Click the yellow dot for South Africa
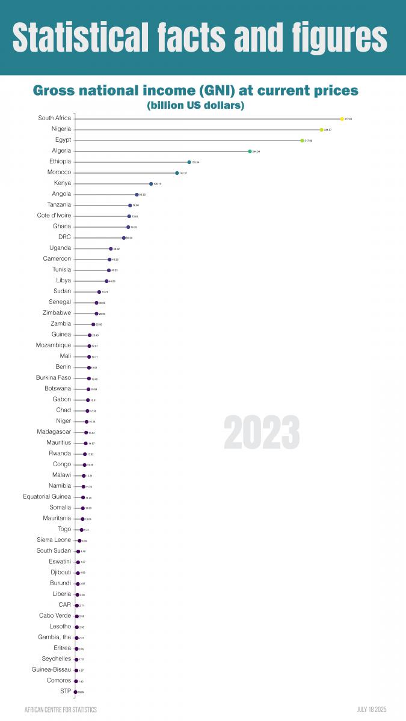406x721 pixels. [342, 119]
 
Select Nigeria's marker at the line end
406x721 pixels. [321, 130]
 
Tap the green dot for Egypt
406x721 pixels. [302, 141]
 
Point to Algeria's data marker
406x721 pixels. [250, 151]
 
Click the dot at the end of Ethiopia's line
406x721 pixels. [189, 162]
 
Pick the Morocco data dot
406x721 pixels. [177, 173]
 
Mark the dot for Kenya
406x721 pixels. [151, 184]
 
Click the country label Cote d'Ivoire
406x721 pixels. [54, 216]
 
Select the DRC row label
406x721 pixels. [64, 237]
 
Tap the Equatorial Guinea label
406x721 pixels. [47, 497]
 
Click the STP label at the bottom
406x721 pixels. [65, 692]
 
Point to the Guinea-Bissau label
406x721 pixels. [51, 670]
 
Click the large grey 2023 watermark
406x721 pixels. [262, 432]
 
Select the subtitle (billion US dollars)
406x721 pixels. [195, 106]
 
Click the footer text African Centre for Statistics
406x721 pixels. [60, 710]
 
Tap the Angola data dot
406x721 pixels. [137, 195]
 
